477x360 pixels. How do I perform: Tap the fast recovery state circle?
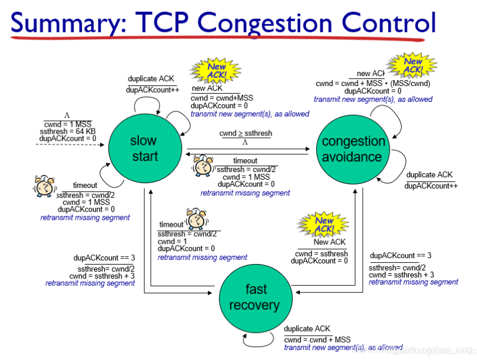256,297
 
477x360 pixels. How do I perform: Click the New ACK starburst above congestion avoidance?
412,65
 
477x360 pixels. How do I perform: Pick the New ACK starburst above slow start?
216,70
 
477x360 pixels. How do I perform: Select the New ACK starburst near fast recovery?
323,224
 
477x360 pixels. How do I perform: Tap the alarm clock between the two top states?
203,166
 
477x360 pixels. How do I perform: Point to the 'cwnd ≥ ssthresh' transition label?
246,134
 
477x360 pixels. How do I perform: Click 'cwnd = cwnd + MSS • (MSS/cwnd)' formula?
372,83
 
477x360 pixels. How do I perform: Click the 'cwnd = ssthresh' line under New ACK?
321,253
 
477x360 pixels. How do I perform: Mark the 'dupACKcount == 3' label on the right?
400,256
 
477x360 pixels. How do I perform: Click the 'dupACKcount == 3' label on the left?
104,257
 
